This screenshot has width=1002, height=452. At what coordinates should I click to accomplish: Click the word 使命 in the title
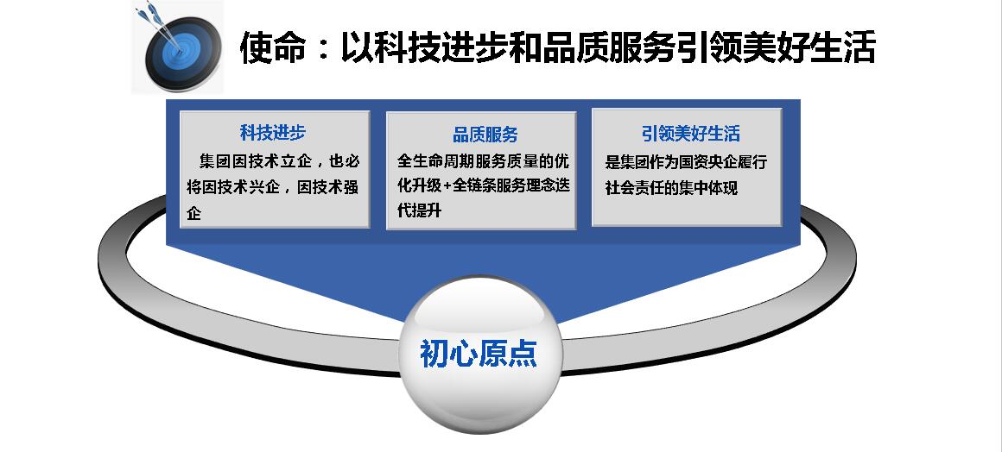tap(273, 48)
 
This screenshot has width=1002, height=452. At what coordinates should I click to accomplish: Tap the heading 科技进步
tap(273, 133)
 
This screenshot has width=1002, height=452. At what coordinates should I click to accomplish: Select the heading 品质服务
tap(485, 134)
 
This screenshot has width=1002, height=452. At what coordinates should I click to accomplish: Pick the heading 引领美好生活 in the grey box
tap(691, 134)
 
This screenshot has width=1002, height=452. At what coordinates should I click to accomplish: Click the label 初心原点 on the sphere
tap(479, 353)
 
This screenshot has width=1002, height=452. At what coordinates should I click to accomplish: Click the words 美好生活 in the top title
tap(809, 48)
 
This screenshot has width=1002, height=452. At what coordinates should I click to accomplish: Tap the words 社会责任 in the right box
tap(637, 189)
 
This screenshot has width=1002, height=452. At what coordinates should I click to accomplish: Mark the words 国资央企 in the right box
tap(711, 162)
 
